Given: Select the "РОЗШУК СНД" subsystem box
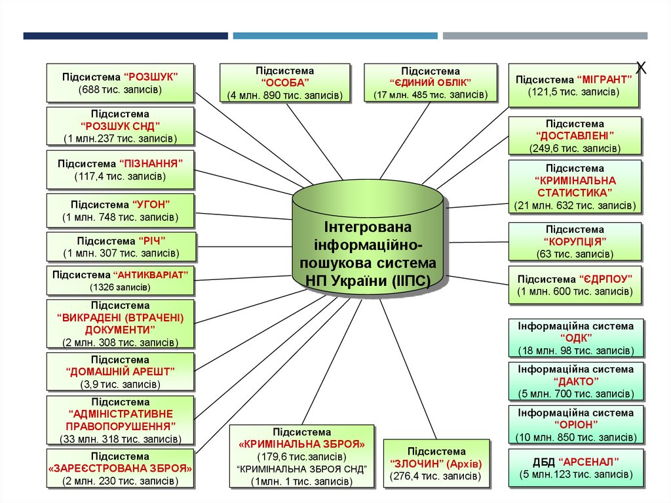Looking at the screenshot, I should (121, 126).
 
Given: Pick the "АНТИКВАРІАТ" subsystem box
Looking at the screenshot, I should (121, 280).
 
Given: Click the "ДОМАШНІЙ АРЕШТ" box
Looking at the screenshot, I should (121, 371).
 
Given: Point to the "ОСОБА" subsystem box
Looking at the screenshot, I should (284, 83).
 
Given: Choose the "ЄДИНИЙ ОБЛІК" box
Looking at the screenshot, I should (431, 83).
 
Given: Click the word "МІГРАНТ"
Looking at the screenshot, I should (604, 79).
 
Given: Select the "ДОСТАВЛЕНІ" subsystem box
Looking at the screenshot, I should (575, 135).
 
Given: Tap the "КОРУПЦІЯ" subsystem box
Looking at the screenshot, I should (575, 241).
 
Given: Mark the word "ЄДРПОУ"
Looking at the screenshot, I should (606, 279).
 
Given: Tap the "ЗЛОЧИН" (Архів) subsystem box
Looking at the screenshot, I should (436, 464).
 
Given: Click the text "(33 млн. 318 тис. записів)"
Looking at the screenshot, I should (121, 439).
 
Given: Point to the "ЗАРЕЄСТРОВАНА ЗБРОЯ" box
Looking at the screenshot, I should (121, 468).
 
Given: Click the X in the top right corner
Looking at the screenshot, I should (642, 67).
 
